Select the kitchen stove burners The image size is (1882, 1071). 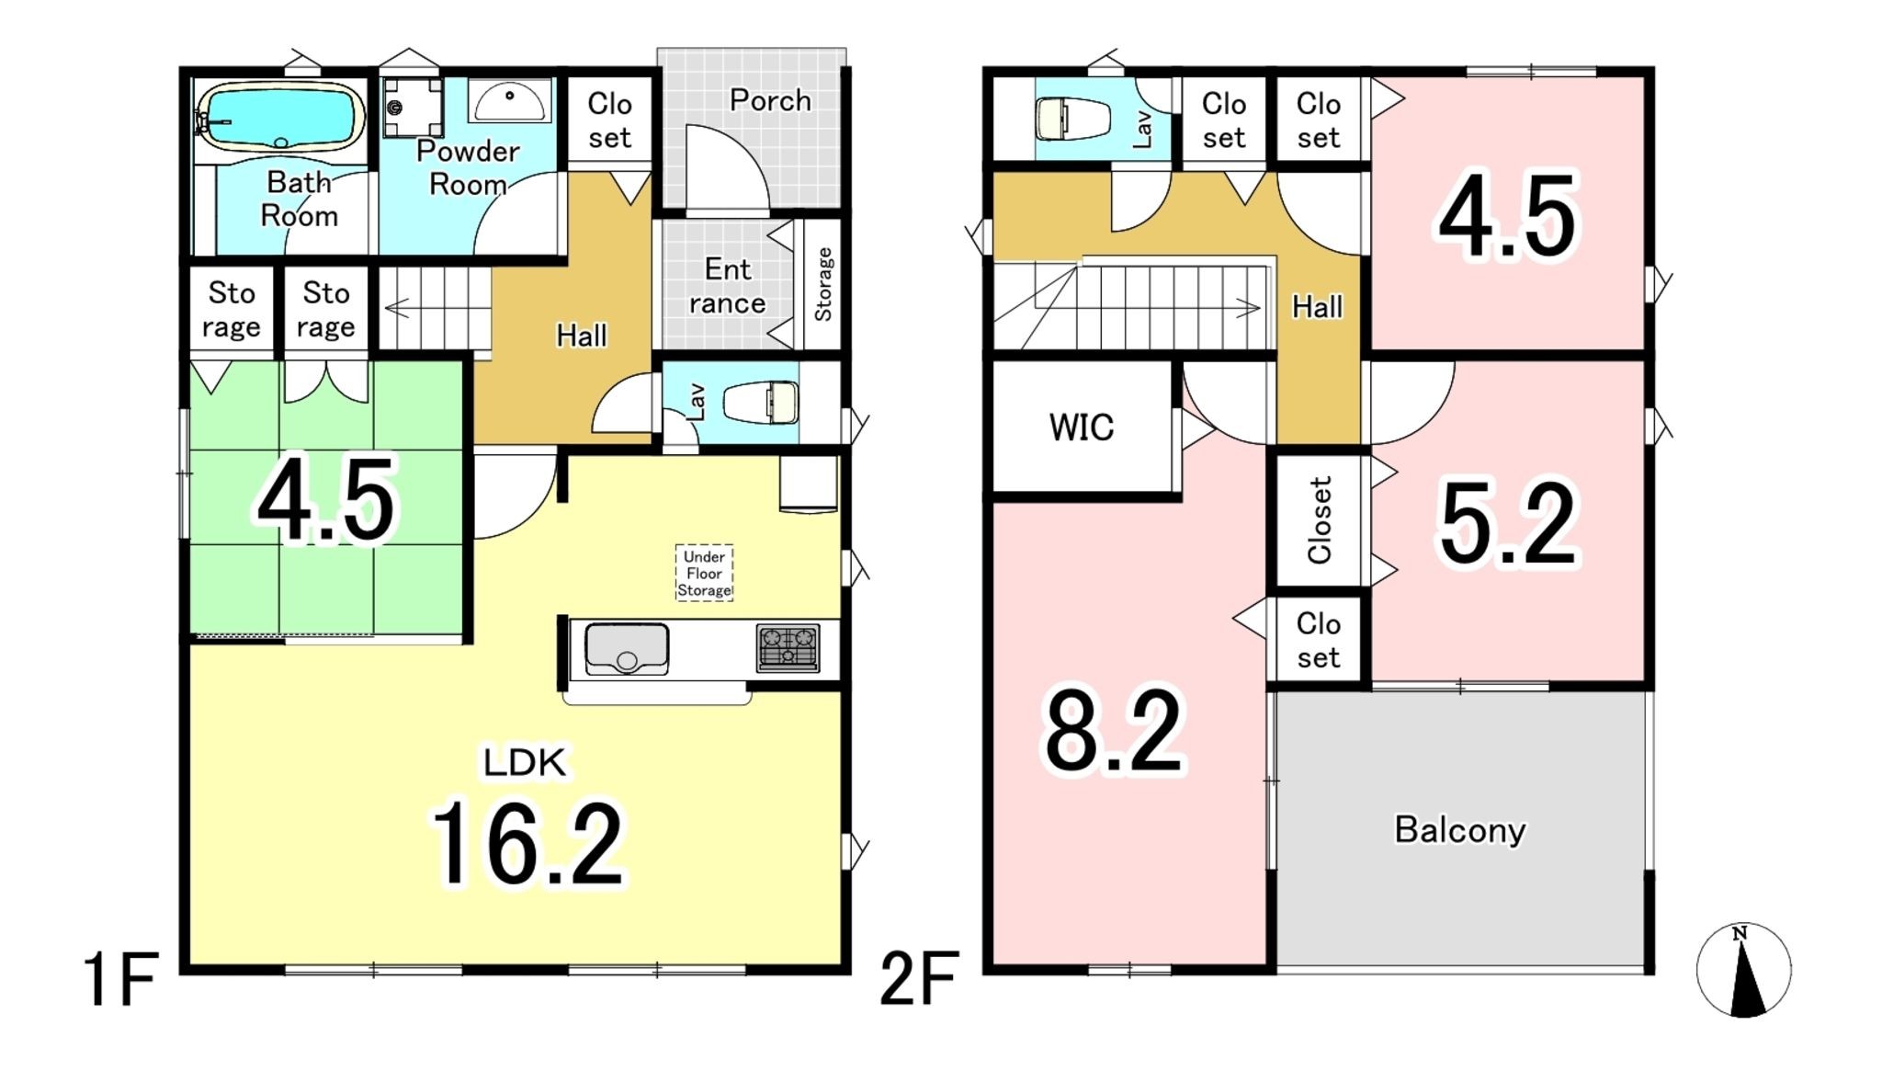[x=788, y=647]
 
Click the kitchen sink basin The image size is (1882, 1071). [x=627, y=649]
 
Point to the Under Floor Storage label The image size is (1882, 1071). [x=705, y=573]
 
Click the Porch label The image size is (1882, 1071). [x=770, y=100]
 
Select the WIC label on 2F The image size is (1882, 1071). [x=1082, y=427]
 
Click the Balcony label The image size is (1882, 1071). [x=1460, y=830]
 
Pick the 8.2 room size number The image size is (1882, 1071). [x=1114, y=732]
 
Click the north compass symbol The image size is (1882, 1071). [x=1743, y=970]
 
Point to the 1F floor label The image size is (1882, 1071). [x=120, y=980]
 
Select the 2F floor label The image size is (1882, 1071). [x=919, y=980]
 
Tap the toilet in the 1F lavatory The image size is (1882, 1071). [x=761, y=403]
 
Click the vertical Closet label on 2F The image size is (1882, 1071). [x=1320, y=520]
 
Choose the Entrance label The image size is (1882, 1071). [x=728, y=287]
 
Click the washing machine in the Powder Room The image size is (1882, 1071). [x=413, y=108]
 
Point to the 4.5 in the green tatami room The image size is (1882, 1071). [x=326, y=500]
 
